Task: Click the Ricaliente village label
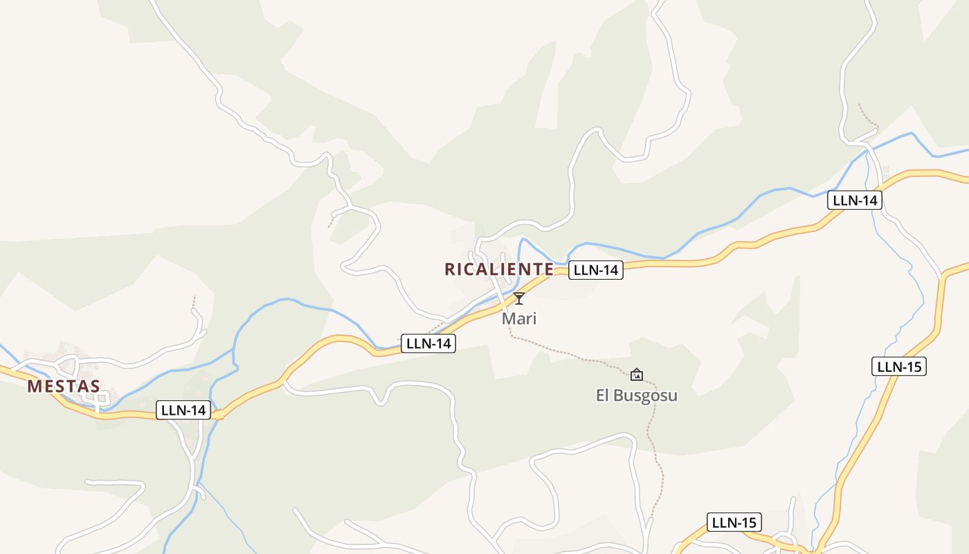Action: [498, 269]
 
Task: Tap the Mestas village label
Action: [64, 386]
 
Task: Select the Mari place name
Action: [519, 319]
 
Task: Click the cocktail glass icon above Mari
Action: [519, 298]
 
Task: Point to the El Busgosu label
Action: [637, 396]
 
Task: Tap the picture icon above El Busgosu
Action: [637, 375]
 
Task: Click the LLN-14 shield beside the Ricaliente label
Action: [596, 270]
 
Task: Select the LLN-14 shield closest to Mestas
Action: [183, 410]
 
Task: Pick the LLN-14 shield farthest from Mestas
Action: [855, 201]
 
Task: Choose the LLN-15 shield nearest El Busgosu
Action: [734, 522]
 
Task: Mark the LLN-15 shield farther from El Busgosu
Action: [898, 366]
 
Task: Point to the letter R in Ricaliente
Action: [450, 269]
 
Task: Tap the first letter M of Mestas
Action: [34, 386]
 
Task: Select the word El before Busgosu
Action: [603, 396]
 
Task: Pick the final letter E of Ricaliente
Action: [547, 269]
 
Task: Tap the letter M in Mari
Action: [507, 319]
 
